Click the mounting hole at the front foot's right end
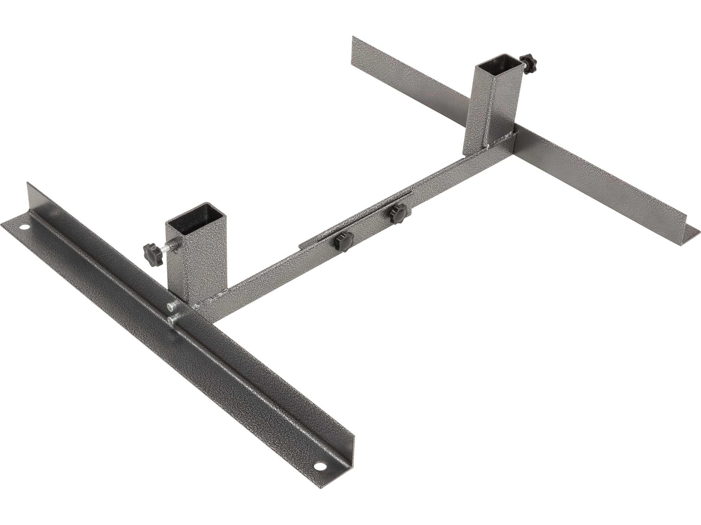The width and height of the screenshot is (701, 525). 318,476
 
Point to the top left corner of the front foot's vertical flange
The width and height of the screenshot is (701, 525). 28,183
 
